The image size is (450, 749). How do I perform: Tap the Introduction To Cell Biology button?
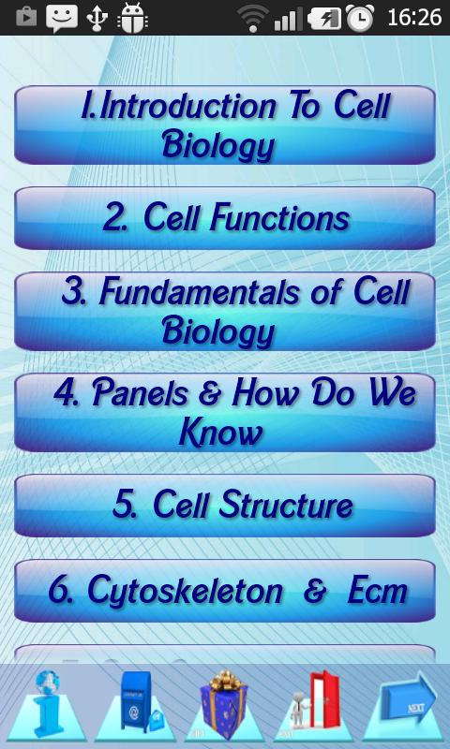225,125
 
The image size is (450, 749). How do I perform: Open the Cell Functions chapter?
225,217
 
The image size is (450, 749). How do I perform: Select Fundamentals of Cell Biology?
225,311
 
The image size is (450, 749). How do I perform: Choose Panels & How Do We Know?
225,412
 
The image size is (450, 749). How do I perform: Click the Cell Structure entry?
225,505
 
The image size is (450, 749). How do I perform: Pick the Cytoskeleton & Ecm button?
225,590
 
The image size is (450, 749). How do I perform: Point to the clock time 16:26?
412,17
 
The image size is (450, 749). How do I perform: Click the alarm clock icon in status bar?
359,17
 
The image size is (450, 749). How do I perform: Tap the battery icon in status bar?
325,17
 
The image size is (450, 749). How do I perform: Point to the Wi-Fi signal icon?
252,17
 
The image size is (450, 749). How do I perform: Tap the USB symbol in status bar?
97,17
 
